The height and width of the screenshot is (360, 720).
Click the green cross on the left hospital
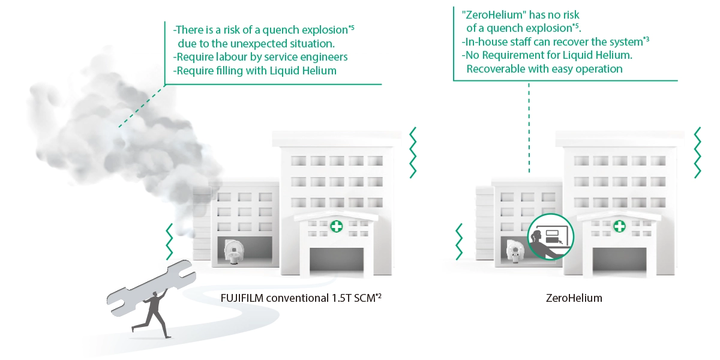pos(337,227)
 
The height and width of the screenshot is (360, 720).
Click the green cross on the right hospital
pos(619,227)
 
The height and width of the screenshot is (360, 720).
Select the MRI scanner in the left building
pos(233,251)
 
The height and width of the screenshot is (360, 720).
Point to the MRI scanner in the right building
pos(515,251)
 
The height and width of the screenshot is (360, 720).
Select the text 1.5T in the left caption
pos(343,298)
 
